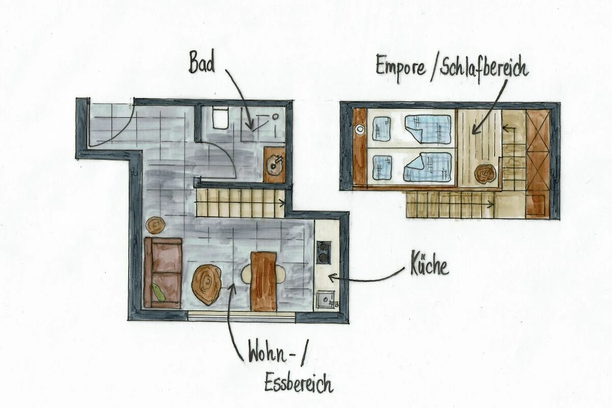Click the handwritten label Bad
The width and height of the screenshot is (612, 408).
pyautogui.click(x=201, y=64)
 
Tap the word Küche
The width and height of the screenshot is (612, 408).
pyautogui.click(x=429, y=266)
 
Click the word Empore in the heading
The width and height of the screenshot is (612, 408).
pyautogui.click(x=401, y=67)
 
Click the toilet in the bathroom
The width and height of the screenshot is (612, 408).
pyautogui.click(x=220, y=117)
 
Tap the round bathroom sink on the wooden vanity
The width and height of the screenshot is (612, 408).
pyautogui.click(x=274, y=166)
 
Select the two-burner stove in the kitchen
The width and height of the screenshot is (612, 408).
pyautogui.click(x=324, y=252)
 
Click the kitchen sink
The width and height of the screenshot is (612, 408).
pyautogui.click(x=326, y=299)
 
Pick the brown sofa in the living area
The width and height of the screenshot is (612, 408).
pyautogui.click(x=163, y=272)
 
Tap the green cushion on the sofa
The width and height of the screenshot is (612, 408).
pyautogui.click(x=158, y=292)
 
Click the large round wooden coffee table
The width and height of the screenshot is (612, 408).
pyautogui.click(x=206, y=285)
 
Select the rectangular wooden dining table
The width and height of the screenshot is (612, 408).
pyautogui.click(x=264, y=282)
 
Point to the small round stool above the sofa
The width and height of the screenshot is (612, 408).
pyautogui.click(x=156, y=225)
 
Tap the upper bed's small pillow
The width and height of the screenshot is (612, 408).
pyautogui.click(x=381, y=129)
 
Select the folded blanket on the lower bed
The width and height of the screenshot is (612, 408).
pyautogui.click(x=427, y=167)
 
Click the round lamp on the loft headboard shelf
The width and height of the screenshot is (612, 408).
pyautogui.click(x=360, y=129)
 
